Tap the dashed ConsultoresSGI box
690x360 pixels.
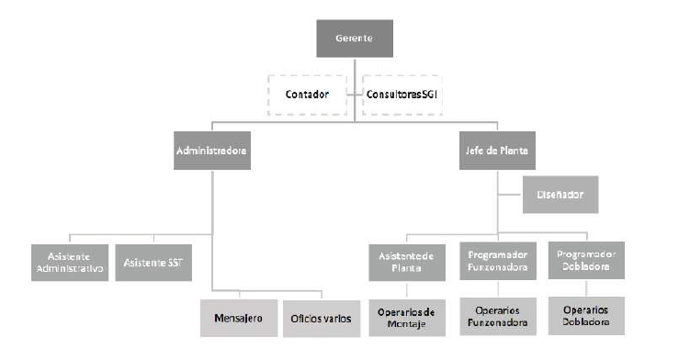[x=402, y=94]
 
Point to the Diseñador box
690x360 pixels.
[x=560, y=195]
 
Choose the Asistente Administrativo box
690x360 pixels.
[x=68, y=261]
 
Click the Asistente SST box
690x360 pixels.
[x=153, y=261]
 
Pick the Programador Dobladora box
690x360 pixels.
[x=586, y=261]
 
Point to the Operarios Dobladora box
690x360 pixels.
[x=586, y=317]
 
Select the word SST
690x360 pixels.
[x=175, y=261]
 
